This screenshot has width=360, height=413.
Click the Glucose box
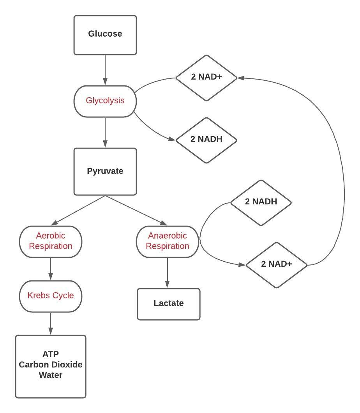(105, 35)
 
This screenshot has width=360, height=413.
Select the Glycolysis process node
(105, 101)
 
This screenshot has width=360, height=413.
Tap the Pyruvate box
(105, 171)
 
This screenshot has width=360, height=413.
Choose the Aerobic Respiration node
(51, 241)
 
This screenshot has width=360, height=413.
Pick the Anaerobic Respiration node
(168, 241)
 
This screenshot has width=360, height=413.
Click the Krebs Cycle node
(51, 296)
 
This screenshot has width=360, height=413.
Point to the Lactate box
(168, 304)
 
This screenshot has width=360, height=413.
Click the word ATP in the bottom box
(51, 355)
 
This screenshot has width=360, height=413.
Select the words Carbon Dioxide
(51, 365)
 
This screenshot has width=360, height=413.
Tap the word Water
(51, 376)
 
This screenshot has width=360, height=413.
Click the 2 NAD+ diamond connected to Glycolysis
(206, 78)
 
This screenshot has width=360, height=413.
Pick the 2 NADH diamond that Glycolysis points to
(206, 140)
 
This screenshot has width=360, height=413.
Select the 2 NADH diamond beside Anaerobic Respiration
(261, 202)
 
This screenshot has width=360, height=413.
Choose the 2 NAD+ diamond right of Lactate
(277, 265)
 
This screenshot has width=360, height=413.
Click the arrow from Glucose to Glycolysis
(105, 70)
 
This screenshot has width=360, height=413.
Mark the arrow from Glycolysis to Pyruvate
(105, 133)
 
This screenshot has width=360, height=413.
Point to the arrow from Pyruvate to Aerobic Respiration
(78, 210)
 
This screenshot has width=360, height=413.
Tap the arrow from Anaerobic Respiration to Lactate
(168, 273)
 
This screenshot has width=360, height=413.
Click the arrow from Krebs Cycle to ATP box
(51, 324)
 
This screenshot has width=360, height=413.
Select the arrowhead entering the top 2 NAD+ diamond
(241, 78)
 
